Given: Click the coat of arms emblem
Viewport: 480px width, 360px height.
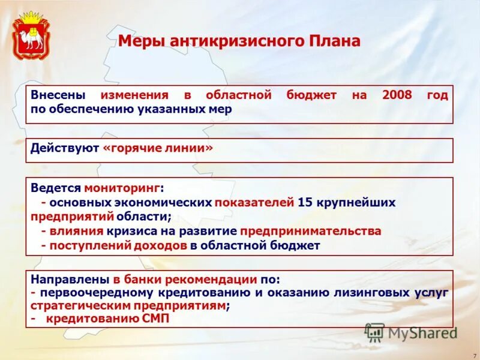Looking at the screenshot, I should tap(31, 35).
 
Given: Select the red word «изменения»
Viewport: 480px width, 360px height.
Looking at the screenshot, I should tap(134, 96).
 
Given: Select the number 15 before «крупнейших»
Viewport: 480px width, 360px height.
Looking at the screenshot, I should tap(304, 202).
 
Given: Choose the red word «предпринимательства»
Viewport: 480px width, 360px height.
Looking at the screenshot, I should tap(311, 231).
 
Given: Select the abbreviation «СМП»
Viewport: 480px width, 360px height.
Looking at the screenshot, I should tap(155, 319).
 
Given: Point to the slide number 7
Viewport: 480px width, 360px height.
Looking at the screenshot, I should tap(474, 355).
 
